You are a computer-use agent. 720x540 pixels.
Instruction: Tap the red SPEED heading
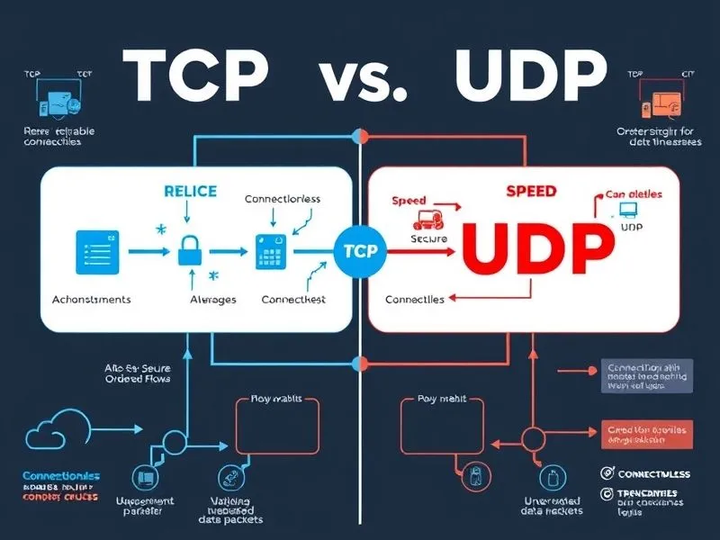tap(531, 192)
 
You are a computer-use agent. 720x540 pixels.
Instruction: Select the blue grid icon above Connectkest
tap(270, 249)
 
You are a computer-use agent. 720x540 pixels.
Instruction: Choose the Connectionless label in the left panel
tap(283, 199)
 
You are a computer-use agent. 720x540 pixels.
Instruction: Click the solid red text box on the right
tap(645, 435)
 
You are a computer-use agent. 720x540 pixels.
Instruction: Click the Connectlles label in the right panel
tap(415, 299)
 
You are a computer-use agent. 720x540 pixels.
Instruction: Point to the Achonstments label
tap(92, 299)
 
